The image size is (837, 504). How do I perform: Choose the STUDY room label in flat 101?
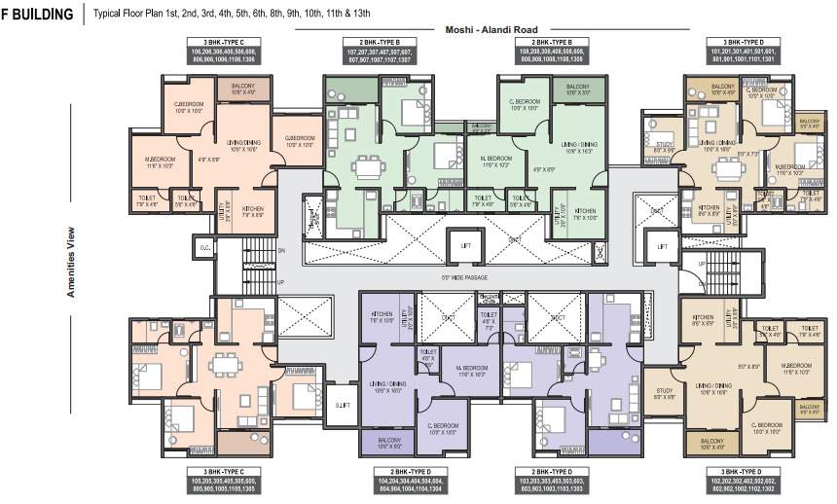665,147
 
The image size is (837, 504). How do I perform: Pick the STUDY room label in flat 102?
665,394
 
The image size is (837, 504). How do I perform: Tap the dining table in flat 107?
367,168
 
